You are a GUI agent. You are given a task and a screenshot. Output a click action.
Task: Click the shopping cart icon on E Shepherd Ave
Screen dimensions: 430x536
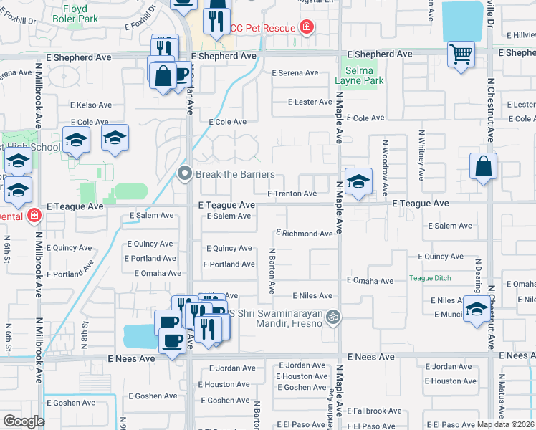pyautogui.click(x=461, y=54)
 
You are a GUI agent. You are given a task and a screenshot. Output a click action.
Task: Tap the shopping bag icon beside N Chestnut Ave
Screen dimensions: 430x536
pyautogui.click(x=484, y=166)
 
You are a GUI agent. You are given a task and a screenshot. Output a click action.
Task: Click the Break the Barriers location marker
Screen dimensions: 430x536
pyautogui.click(x=185, y=174)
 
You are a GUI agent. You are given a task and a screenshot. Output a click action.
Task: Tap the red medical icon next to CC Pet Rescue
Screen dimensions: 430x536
pyautogui.click(x=307, y=27)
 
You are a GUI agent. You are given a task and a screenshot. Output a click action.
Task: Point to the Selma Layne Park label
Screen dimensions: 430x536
pyautogui.click(x=360, y=76)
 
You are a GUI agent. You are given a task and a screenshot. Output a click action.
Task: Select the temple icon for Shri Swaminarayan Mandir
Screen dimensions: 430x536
pyautogui.click(x=332, y=316)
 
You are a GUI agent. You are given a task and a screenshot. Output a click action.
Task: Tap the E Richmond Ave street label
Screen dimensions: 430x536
pyautogui.click(x=305, y=234)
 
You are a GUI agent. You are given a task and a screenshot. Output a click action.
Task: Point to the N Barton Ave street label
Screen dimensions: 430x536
pyautogui.click(x=272, y=271)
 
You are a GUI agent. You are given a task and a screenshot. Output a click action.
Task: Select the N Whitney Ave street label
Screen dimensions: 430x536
pyautogui.click(x=422, y=154)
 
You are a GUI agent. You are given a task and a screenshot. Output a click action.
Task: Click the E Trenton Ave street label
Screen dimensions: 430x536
pyautogui.click(x=292, y=193)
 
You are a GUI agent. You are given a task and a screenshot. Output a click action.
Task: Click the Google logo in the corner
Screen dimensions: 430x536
pyautogui.click(x=24, y=421)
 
